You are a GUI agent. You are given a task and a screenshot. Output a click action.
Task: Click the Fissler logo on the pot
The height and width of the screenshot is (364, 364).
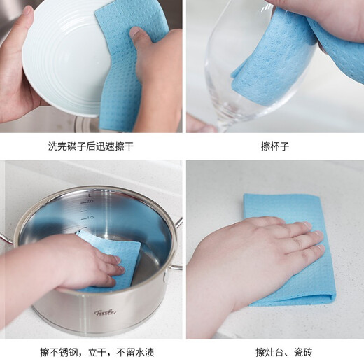(x=105, y=312)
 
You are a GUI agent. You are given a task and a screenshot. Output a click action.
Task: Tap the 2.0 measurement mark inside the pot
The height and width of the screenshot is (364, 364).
(x=90, y=201)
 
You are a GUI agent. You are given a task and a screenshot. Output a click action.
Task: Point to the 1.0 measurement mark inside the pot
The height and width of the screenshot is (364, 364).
(x=90, y=217)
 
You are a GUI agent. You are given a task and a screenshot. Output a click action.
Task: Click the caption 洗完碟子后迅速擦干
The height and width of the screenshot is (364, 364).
(x=91, y=146)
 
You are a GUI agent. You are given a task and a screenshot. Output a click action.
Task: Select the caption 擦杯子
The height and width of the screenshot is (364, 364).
(x=275, y=146)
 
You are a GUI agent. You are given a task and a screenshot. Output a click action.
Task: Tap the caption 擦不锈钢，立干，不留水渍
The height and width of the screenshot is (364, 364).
(x=97, y=352)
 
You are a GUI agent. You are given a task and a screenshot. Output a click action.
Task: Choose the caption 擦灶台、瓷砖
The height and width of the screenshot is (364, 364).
(x=283, y=352)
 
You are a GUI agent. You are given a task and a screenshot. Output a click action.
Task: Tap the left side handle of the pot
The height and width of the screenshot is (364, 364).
(x=6, y=238)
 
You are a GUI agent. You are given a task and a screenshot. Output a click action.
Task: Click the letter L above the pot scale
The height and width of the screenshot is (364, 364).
(x=90, y=195)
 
